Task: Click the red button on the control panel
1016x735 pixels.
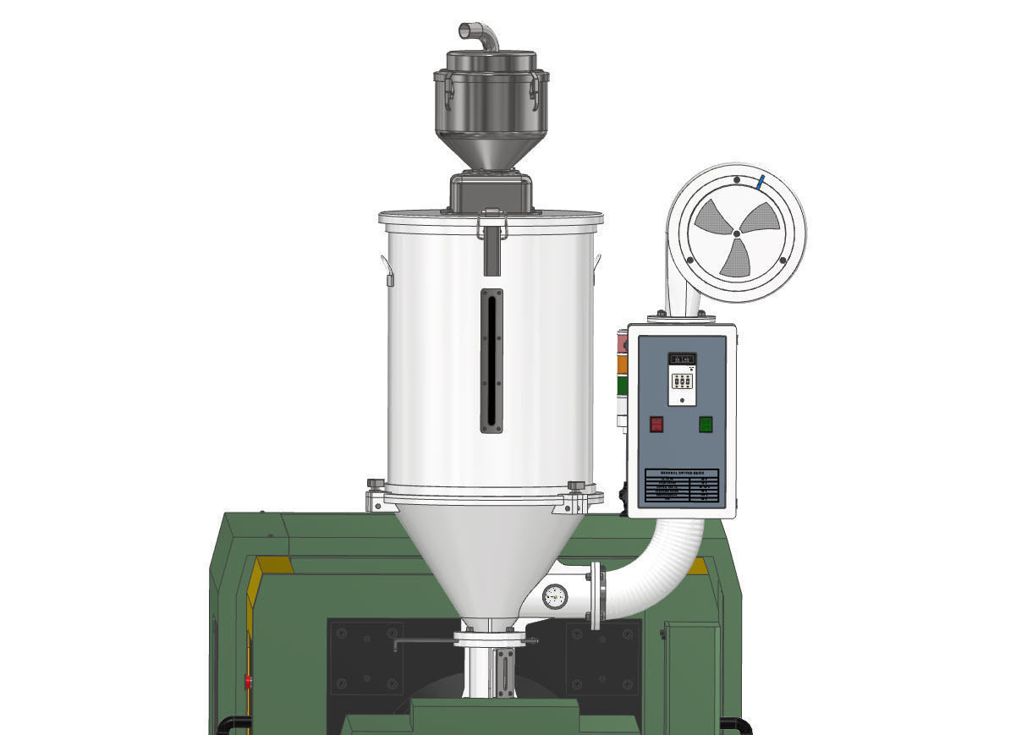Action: (656, 424)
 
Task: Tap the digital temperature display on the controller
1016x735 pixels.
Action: (682, 359)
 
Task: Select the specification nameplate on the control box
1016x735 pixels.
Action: (682, 486)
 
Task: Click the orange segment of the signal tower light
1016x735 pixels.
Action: (622, 363)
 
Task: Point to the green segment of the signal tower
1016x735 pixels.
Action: (622, 385)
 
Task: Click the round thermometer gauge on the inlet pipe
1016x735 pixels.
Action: (555, 595)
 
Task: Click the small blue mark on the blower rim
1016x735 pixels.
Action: (761, 182)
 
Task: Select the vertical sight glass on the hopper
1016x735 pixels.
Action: (492, 360)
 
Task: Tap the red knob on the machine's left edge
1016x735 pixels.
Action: (248, 679)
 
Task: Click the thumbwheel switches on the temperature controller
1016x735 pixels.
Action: (682, 381)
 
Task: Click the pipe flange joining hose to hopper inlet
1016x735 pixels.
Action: (596, 595)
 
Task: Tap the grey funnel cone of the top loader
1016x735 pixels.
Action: (491, 152)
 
